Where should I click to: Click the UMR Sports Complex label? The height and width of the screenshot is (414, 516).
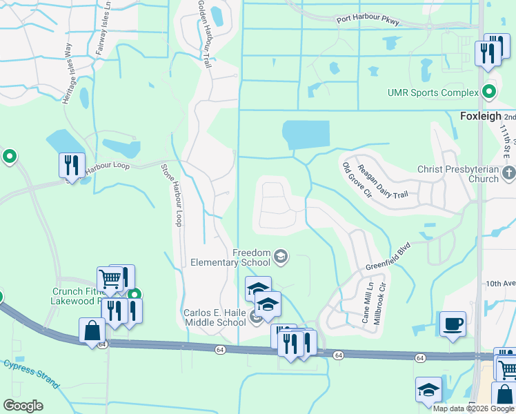point(433,92)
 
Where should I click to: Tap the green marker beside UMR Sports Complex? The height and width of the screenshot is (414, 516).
point(489,92)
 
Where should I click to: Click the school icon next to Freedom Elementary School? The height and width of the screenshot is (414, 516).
point(281,258)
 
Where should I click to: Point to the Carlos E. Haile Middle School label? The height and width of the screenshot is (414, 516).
point(214,317)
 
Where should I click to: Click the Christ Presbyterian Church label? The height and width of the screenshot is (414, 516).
point(457,174)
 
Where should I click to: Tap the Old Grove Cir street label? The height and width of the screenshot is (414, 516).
point(357,181)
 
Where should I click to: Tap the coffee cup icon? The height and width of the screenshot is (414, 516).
point(453,324)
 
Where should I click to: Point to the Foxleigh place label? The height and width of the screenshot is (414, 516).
point(479,117)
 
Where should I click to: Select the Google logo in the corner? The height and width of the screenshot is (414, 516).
point(23,406)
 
